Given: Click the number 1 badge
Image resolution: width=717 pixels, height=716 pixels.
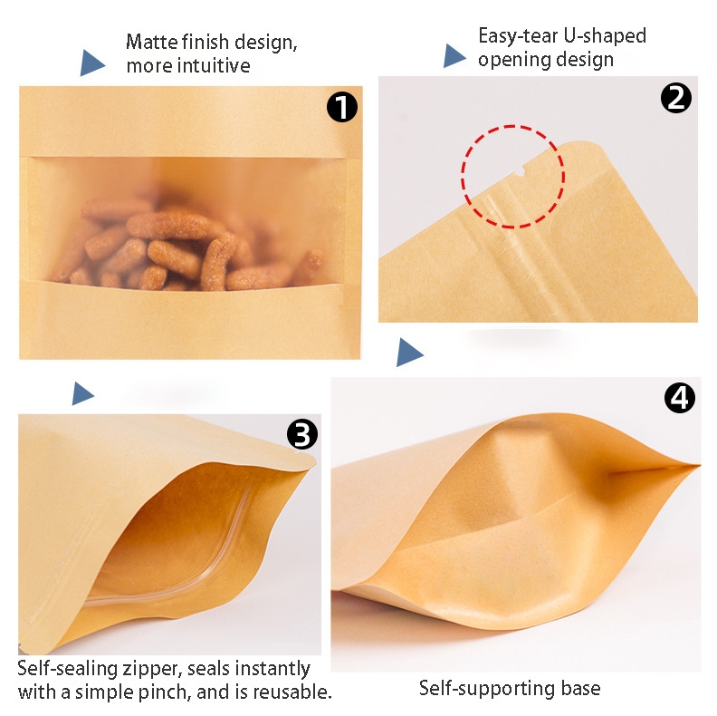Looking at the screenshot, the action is [x=341, y=107].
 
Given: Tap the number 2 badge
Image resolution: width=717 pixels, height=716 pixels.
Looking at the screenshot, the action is [x=676, y=98].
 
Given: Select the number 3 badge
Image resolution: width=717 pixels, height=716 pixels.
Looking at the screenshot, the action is [x=301, y=434].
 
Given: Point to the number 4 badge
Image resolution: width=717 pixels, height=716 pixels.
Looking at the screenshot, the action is [x=680, y=397].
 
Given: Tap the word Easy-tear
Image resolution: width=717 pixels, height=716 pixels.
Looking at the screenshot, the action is [x=518, y=35].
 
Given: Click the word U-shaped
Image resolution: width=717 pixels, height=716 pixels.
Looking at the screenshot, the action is [x=605, y=35].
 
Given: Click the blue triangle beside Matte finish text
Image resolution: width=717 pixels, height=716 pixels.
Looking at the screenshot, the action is [x=92, y=63].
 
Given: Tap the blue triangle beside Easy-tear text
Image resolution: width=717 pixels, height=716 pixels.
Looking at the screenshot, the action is [x=454, y=56].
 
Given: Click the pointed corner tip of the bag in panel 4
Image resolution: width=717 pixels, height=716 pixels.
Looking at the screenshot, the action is [x=699, y=466].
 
